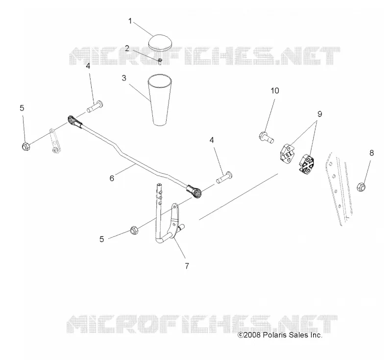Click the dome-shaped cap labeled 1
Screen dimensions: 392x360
pyautogui.click(x=160, y=42)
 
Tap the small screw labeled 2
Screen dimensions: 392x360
pyautogui.click(x=160, y=61)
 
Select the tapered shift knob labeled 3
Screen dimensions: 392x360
pyautogui.click(x=160, y=100)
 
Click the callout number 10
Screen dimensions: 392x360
pyautogui.click(x=275, y=91)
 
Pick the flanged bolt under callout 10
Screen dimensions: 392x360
pyautogui.click(x=266, y=138)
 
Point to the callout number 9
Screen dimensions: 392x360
pyautogui.click(x=319, y=114)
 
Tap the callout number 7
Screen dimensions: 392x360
pyautogui.click(x=187, y=266)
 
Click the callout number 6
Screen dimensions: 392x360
pyautogui.click(x=112, y=179)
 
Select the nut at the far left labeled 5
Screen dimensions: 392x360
pyautogui.click(x=25, y=146)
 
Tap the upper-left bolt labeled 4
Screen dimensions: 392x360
pyautogui.click(x=95, y=106)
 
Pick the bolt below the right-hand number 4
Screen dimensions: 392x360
pyautogui.click(x=224, y=178)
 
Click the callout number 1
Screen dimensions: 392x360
pyautogui.click(x=130, y=21)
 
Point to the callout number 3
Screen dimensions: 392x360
pyautogui.click(x=124, y=78)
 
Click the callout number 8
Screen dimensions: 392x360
pyautogui.click(x=371, y=153)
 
